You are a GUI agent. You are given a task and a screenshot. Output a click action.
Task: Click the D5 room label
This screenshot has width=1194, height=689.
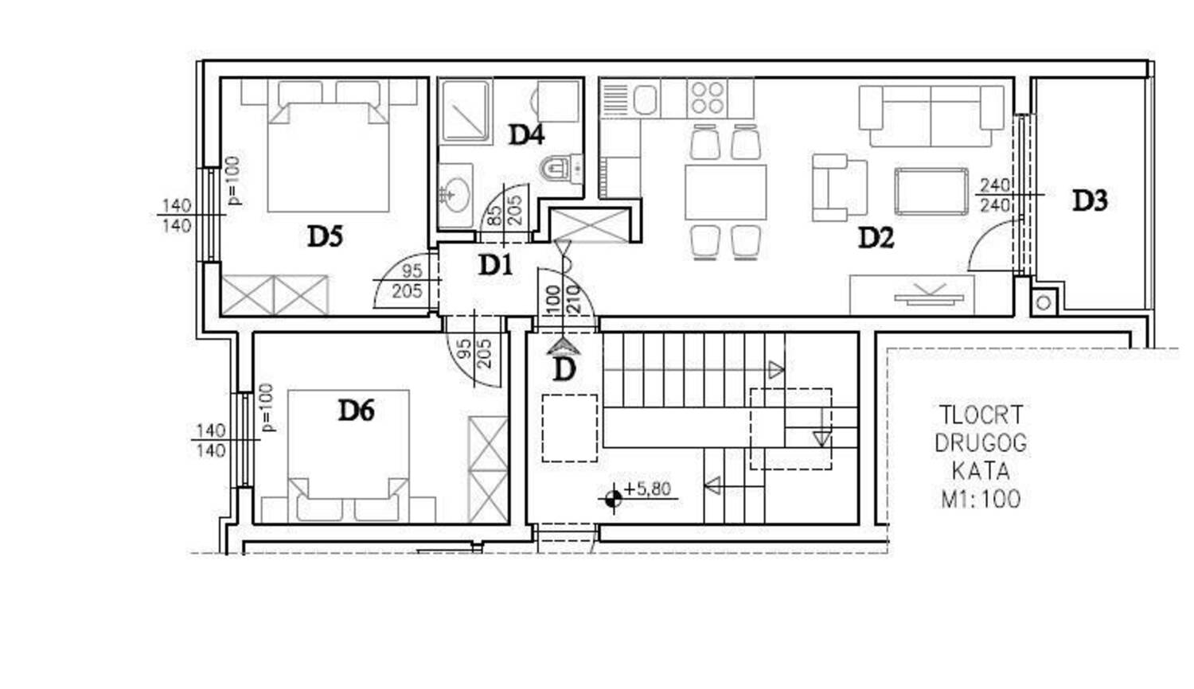325,236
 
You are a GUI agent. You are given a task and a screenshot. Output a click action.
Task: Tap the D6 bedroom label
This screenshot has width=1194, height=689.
356,411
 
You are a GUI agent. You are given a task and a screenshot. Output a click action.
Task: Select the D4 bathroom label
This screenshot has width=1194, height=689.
526,134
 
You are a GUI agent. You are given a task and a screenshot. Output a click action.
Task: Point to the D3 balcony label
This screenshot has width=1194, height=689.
1090,200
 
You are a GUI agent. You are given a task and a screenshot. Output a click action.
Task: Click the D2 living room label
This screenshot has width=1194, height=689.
876,238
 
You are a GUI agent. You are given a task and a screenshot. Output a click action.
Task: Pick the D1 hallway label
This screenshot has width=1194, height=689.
495,265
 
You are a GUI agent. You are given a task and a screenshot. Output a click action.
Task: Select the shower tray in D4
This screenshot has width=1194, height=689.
466,111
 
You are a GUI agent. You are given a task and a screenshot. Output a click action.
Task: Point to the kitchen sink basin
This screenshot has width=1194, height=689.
645,99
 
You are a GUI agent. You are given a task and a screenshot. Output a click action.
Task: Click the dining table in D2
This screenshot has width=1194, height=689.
725,193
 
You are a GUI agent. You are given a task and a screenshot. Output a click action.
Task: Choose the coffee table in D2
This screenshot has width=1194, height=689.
931,191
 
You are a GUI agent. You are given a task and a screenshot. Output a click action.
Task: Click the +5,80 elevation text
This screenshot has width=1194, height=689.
646,489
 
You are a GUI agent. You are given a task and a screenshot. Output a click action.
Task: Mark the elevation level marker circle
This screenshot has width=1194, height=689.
613,500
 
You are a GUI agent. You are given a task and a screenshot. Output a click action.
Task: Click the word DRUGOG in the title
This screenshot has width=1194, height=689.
980,443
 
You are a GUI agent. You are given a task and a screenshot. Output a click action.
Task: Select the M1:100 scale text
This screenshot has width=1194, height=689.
981,500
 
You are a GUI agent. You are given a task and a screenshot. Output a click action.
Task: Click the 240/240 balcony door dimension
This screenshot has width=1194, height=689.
995,195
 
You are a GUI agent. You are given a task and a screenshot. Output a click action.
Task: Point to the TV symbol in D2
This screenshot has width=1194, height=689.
930,294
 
